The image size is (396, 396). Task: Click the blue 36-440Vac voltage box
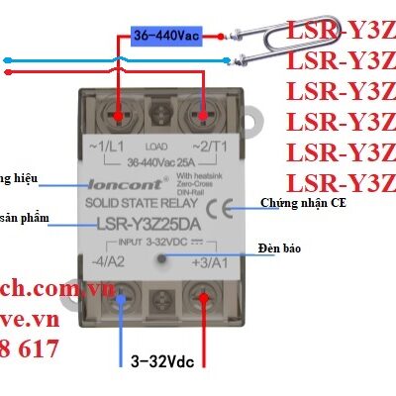(166, 37)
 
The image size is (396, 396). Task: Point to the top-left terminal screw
(123, 105)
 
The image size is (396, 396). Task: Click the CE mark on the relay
(227, 208)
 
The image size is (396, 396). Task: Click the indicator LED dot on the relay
(159, 259)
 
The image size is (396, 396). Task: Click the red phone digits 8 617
(30, 348)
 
